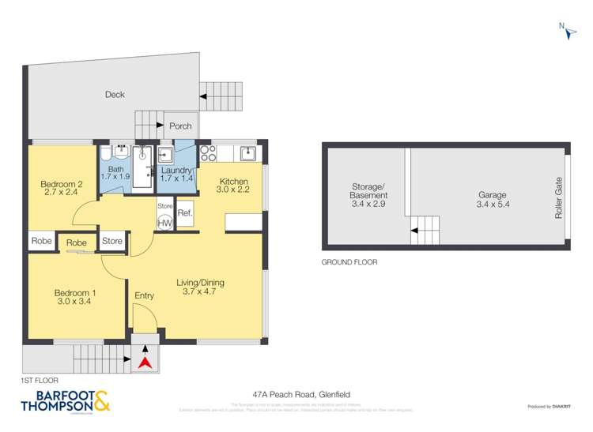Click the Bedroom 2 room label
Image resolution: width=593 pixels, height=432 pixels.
tap(62, 186)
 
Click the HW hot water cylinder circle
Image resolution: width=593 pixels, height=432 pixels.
tap(165, 223)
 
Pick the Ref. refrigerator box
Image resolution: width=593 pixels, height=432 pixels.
tap(185, 213)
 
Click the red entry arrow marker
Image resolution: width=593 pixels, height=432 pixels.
tap(145, 363)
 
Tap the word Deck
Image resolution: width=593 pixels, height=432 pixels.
tap(115, 95)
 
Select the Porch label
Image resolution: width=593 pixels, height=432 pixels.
tap(180, 126)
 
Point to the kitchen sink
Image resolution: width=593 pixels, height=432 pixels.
tap(247, 152)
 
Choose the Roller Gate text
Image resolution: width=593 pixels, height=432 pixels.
tap(558, 197)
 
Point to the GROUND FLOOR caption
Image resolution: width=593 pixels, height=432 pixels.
tap(349, 261)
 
